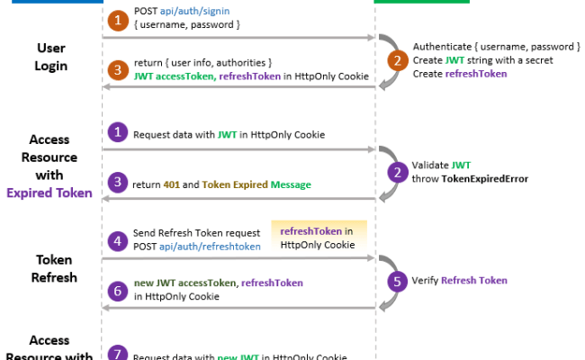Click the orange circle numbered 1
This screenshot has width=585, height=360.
[x=117, y=20]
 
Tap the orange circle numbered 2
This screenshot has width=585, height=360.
[x=397, y=60]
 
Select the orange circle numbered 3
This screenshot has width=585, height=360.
[x=117, y=68]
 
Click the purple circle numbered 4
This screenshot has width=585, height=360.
[x=117, y=239]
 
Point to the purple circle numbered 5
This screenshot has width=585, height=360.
[x=397, y=280]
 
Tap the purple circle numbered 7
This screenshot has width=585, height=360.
[x=117, y=354]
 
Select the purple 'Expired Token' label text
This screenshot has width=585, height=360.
[x=50, y=193]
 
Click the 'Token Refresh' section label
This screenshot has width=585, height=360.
[x=53, y=269]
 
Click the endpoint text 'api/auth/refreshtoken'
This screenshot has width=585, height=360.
[x=215, y=246]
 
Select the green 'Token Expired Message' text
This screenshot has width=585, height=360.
[x=256, y=184]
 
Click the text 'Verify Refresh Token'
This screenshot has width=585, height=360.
[x=459, y=280]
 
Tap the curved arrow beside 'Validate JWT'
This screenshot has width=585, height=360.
[x=387, y=171]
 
